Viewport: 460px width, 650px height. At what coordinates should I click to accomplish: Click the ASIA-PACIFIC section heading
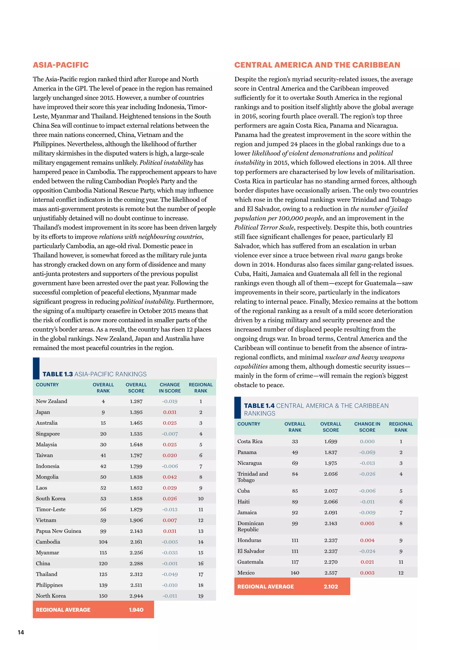(61, 65)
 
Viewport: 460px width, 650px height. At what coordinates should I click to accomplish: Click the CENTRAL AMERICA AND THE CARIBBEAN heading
(317, 65)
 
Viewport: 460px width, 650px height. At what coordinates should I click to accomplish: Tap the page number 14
(21, 632)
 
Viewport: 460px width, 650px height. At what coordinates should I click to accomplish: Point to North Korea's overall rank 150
(103, 596)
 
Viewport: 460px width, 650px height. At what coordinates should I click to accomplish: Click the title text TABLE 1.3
(57, 374)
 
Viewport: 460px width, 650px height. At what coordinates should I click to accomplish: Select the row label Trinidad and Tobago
(252, 477)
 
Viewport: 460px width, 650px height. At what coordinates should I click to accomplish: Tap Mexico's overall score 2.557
(331, 573)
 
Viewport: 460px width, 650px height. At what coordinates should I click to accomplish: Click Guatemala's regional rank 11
(401, 562)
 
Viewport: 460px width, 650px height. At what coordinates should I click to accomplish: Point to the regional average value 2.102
(331, 586)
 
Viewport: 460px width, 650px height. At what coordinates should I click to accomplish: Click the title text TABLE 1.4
(259, 406)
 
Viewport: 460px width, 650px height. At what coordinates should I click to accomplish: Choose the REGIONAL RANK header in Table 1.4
(401, 427)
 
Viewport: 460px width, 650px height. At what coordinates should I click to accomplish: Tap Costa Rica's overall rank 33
(295, 441)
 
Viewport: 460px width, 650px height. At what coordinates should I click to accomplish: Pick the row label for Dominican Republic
(250, 526)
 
